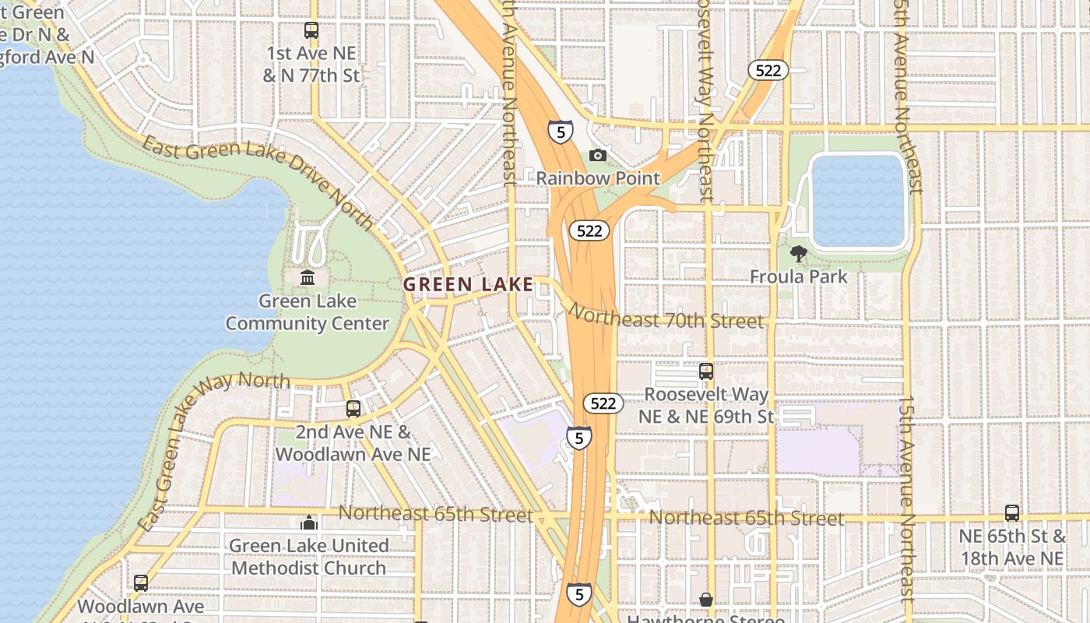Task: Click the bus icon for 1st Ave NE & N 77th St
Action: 311,31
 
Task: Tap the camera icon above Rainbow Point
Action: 598,155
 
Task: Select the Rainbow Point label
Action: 598,178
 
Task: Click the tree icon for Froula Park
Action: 798,253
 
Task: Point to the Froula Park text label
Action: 798,276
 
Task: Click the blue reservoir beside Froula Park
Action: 858,201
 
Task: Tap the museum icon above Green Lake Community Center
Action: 308,277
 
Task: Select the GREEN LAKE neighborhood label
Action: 468,285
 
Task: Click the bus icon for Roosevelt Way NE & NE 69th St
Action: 706,371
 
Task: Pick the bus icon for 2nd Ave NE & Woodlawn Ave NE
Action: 353,409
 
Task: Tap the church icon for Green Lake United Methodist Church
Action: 309,523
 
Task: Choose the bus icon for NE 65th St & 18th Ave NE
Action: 1011,513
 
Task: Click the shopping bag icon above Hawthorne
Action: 706,599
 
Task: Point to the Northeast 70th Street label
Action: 666,316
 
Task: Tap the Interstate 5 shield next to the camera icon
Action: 560,132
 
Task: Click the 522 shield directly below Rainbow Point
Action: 589,231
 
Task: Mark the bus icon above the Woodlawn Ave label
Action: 141,583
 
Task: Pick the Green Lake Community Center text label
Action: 308,312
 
